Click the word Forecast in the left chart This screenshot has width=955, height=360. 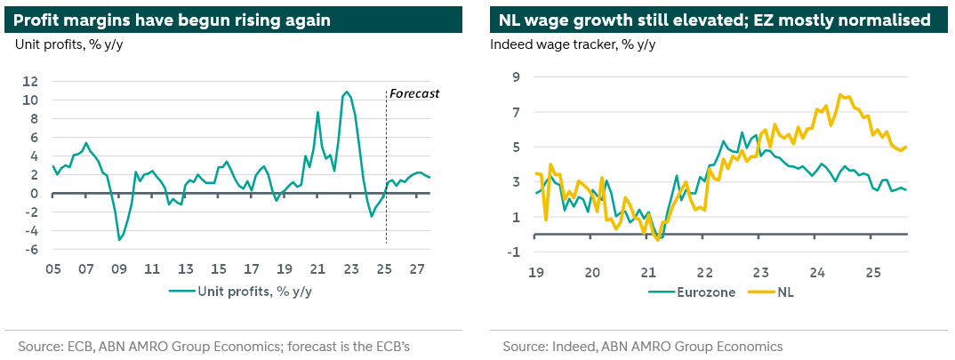[415, 93]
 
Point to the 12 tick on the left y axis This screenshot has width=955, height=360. [30, 81]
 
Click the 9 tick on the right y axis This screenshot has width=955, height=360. [513, 77]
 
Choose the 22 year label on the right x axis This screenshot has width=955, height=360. [703, 271]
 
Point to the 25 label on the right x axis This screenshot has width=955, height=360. [873, 271]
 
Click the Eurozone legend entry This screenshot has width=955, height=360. [693, 292]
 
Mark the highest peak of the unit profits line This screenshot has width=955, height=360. [346, 92]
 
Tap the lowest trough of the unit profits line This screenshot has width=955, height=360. [119, 239]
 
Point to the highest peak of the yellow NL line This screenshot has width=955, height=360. [839, 94]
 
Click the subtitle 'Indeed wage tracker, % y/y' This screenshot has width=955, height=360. [573, 45]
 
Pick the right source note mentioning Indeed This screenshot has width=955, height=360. [642, 346]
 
